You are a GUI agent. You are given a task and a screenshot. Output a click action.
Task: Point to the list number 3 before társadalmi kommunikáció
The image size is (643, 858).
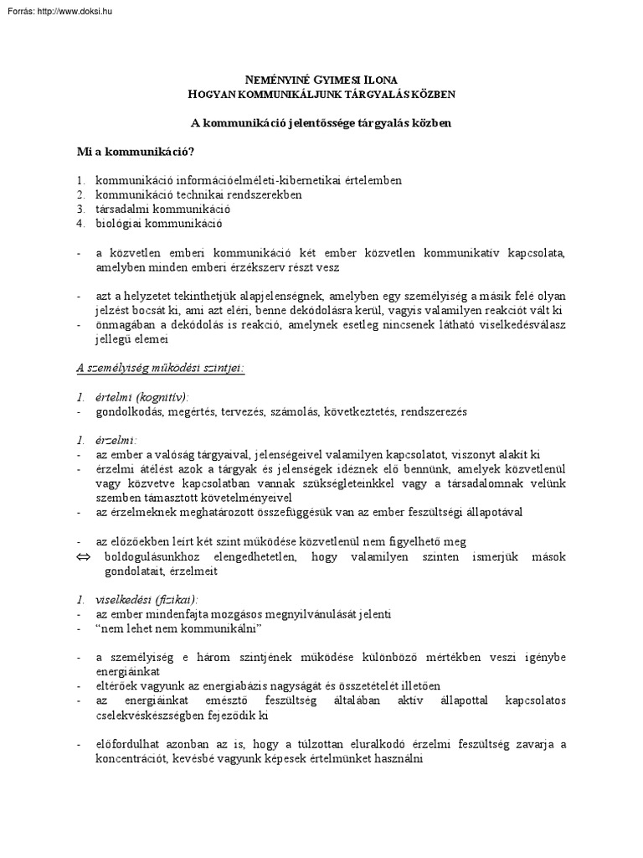(x=80, y=209)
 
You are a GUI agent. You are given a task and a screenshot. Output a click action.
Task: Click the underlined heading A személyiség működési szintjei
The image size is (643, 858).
(x=160, y=369)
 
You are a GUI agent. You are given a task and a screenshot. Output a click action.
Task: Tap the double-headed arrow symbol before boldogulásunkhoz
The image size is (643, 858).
(x=82, y=557)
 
